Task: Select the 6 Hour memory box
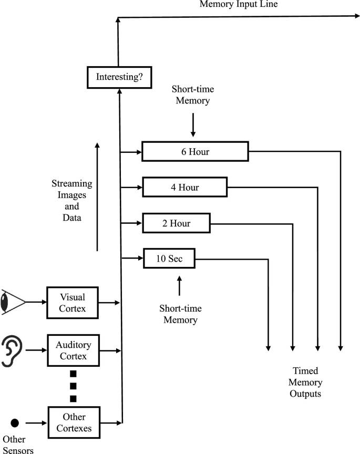195,152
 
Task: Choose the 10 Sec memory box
169,258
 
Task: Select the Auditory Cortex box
74,351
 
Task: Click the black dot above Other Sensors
15,422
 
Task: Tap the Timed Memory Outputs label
306,382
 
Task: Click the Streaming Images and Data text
72,201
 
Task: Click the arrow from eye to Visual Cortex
36,302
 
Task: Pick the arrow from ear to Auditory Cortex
36,350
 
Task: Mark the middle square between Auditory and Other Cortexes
74,386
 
